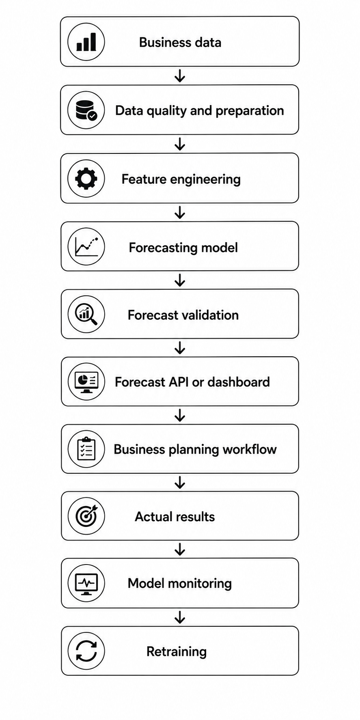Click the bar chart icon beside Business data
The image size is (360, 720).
(x=86, y=42)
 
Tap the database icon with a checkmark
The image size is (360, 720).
(x=86, y=110)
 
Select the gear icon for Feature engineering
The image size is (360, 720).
(x=86, y=179)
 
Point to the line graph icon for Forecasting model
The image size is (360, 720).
(x=86, y=246)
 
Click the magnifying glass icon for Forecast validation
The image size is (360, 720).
(x=86, y=315)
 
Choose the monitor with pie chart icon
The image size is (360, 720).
(x=86, y=382)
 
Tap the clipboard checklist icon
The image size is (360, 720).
(x=86, y=448)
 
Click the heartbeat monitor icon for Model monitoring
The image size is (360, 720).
(x=86, y=584)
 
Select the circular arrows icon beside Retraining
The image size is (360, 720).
(x=86, y=651)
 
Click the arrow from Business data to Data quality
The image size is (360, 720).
(x=180, y=76)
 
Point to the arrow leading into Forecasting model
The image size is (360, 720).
(x=180, y=212)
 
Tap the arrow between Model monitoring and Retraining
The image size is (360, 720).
(x=180, y=617)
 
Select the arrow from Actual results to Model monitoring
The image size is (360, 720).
(x=180, y=550)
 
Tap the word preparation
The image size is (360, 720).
(x=250, y=111)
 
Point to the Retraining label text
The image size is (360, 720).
(x=177, y=651)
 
